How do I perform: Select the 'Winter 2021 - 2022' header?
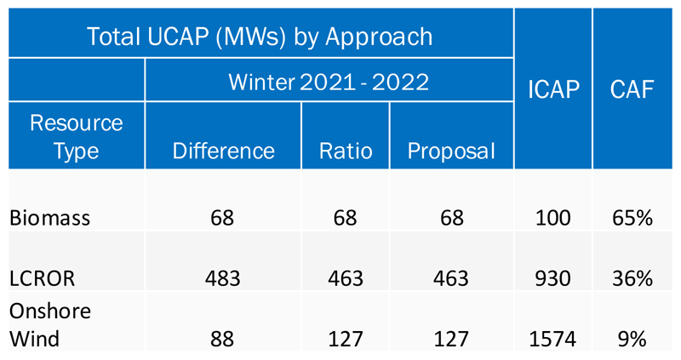pyautogui.click(x=329, y=83)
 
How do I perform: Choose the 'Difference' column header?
pyautogui.click(x=223, y=151)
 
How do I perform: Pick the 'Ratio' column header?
pyautogui.click(x=346, y=151)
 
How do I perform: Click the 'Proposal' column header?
pyautogui.click(x=451, y=151)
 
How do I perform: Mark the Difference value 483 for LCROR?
pyautogui.click(x=223, y=278)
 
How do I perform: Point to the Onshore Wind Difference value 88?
pyautogui.click(x=223, y=339)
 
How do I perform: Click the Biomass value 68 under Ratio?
pyautogui.click(x=346, y=218)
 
